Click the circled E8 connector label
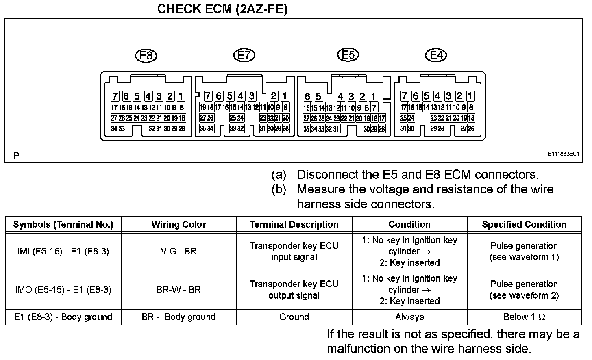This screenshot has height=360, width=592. coord(146,55)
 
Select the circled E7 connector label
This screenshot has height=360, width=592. coord(244,55)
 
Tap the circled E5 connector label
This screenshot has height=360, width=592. coord(348,54)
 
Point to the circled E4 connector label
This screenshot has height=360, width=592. coord(436,55)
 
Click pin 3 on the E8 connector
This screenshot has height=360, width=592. coord(159,96)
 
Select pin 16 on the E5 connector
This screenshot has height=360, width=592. coord(307,108)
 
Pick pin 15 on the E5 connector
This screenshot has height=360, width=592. coord(314,108)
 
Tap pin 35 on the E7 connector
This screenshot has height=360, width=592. coord(203,129)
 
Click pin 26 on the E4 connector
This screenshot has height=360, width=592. coord(471,129)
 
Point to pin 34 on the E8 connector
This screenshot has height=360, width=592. coord(114,129)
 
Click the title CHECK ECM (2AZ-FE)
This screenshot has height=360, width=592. coord(222,9)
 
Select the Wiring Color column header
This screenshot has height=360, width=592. coord(178,224)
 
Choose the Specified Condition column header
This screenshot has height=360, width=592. coord(524,224)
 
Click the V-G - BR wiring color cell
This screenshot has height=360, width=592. coord(178,252)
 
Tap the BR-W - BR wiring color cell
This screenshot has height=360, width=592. coord(178,290)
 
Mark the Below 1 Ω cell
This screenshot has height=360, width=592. coord(524,317)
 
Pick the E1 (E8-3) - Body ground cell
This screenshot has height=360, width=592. coord(63,317)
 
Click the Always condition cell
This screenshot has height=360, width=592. coord(409,317)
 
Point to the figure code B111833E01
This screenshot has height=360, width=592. coord(563,154)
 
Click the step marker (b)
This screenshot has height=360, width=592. coord(279,189)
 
